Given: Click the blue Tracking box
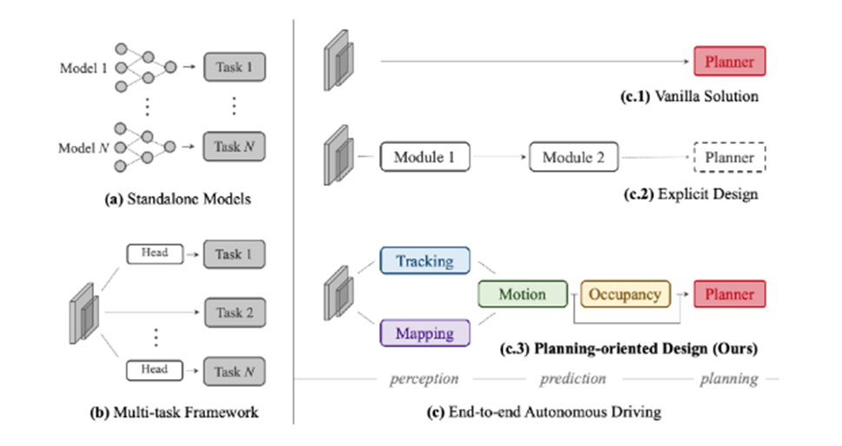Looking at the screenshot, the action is pyautogui.click(x=424, y=261).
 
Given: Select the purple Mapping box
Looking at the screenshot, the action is pyautogui.click(x=424, y=333).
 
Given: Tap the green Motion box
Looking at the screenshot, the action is pyautogui.click(x=523, y=294).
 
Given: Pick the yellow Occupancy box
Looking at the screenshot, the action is pyautogui.click(x=626, y=294).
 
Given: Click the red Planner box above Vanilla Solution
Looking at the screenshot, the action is pyautogui.click(x=729, y=62).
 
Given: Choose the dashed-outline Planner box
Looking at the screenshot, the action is pyautogui.click(x=729, y=157).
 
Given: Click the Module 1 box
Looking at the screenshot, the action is pyautogui.click(x=424, y=157).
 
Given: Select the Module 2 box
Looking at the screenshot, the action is pyautogui.click(x=574, y=157).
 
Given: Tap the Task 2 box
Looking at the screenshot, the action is pyautogui.click(x=234, y=312).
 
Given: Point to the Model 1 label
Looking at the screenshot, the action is pyautogui.click(x=83, y=69).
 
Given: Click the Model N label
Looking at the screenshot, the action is pyautogui.click(x=83, y=148).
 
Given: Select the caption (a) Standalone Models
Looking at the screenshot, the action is pyautogui.click(x=178, y=199).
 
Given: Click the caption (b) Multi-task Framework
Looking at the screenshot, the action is pyautogui.click(x=174, y=412).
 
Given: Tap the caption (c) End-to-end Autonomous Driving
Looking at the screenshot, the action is pyautogui.click(x=543, y=411).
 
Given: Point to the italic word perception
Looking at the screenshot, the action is pyautogui.click(x=424, y=379).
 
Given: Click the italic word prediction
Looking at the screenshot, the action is pyautogui.click(x=573, y=379).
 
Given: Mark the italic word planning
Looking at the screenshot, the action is pyautogui.click(x=728, y=379).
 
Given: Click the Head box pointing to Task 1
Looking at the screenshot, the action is pyautogui.click(x=155, y=254).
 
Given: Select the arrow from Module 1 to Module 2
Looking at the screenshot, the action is pyautogui.click(x=499, y=157).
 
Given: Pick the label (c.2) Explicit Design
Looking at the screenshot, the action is pyautogui.click(x=691, y=193).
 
